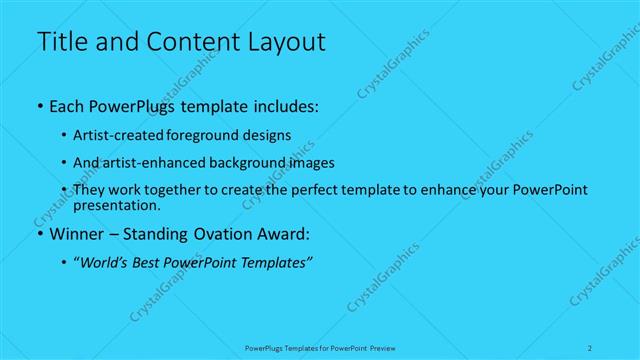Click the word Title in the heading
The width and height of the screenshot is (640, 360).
coord(62,42)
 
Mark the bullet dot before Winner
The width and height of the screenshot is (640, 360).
coord(39,236)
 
